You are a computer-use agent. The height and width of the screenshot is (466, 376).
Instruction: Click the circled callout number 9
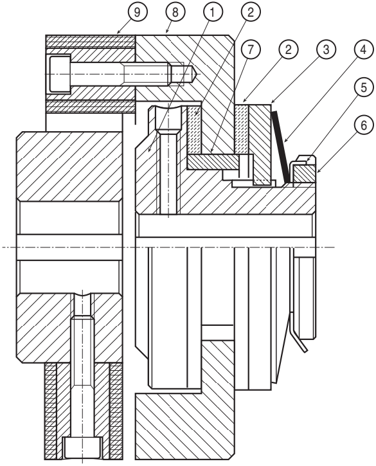(x=137, y=12)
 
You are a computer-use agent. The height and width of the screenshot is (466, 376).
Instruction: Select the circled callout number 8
(x=175, y=12)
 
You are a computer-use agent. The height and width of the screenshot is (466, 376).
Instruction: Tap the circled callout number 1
(x=212, y=12)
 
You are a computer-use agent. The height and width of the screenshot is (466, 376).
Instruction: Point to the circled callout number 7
(x=250, y=49)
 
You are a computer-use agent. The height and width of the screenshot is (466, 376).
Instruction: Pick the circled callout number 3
(x=326, y=49)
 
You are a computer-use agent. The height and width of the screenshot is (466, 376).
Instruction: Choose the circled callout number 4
(x=364, y=49)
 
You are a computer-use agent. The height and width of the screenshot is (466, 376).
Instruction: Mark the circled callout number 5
(x=364, y=87)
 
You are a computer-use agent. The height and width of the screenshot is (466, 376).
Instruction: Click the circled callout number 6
(x=364, y=125)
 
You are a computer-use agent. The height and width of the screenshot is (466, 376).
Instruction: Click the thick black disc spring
(x=280, y=147)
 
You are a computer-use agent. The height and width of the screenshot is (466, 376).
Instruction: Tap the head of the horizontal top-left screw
(x=59, y=73)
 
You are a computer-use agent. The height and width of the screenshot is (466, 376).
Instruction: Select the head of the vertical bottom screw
(x=82, y=447)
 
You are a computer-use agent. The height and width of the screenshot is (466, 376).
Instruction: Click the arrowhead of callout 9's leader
(x=119, y=31)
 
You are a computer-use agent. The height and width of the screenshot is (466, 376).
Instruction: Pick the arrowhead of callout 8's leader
(x=166, y=31)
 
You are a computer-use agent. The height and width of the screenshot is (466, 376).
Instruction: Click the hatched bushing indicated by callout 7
(x=213, y=162)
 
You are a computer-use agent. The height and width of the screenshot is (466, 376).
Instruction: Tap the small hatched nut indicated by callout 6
(x=304, y=174)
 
